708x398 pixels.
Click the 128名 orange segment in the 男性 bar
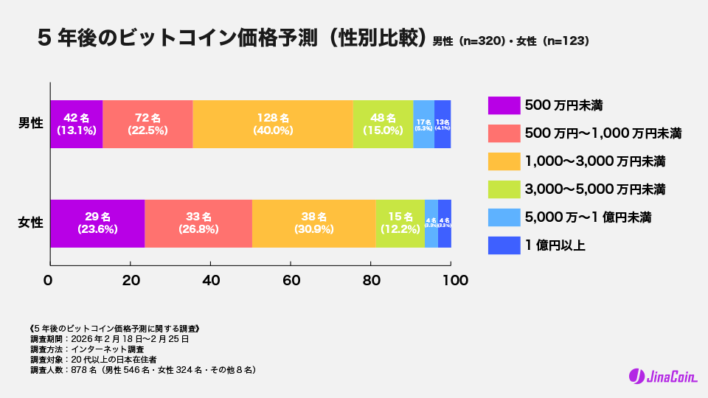click(x=273, y=124)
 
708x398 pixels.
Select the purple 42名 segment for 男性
click(x=76, y=124)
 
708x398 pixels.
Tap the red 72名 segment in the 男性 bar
click(x=147, y=124)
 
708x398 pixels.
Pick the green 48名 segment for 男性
click(x=383, y=124)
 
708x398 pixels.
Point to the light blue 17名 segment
click(x=423, y=124)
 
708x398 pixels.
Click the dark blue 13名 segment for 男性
click(x=442, y=124)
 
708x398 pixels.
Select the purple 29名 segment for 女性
click(x=97, y=223)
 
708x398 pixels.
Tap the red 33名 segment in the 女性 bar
click(x=198, y=223)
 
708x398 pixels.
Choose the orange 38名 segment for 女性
click(x=313, y=223)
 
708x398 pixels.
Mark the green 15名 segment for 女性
click(x=400, y=223)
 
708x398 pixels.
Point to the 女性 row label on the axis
click(x=30, y=223)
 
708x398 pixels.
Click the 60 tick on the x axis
click(x=291, y=281)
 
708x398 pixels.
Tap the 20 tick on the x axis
click(x=130, y=281)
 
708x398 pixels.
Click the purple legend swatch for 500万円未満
click(x=502, y=105)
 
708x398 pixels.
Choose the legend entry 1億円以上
click(x=554, y=245)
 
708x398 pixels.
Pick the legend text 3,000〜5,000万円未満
click(x=594, y=189)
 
